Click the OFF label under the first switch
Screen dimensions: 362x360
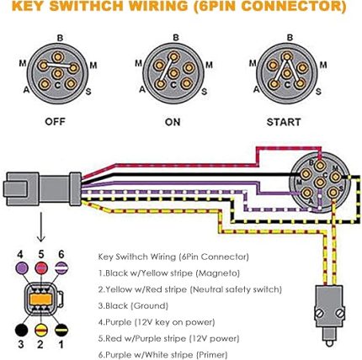(55, 122)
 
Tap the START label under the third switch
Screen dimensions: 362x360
(284, 122)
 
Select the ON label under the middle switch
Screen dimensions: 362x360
(173, 122)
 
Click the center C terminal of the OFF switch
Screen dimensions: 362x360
(58, 74)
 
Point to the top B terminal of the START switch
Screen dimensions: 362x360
(286, 56)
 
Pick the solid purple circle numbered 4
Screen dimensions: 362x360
(22, 268)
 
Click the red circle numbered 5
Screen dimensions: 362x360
(41, 268)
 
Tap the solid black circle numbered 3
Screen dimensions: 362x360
(21, 330)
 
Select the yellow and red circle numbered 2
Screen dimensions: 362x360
(41, 330)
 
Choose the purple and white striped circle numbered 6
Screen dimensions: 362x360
(61, 268)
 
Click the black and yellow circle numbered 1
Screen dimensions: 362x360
(61, 330)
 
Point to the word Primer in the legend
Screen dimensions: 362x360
(212, 354)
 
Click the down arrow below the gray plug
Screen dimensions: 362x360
(41, 226)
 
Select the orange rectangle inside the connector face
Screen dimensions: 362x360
(40, 299)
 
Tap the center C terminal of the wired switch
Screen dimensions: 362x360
(320, 183)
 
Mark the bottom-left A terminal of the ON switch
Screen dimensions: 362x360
(160, 84)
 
